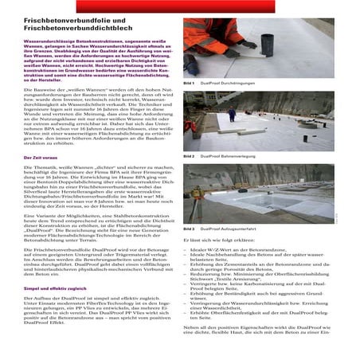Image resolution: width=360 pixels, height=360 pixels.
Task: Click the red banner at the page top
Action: [x=179, y=3]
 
